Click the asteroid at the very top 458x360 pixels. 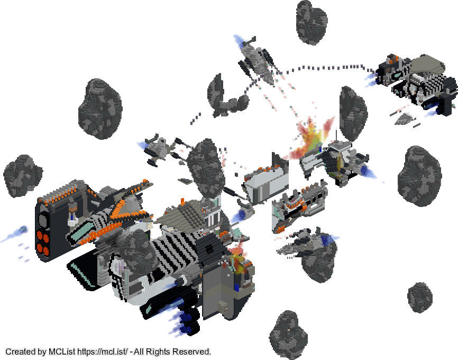click(312, 22)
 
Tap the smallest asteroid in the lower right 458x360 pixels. click(420, 298)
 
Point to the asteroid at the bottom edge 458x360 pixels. click(288, 335)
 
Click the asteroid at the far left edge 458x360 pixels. click(23, 175)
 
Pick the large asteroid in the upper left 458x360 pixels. click(100, 109)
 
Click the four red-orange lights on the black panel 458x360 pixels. click(43, 242)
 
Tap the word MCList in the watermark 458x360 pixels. click(62, 352)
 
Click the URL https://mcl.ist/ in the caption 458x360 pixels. click(102, 352)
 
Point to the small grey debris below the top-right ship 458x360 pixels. click(405, 119)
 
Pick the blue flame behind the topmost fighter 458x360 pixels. click(240, 41)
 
